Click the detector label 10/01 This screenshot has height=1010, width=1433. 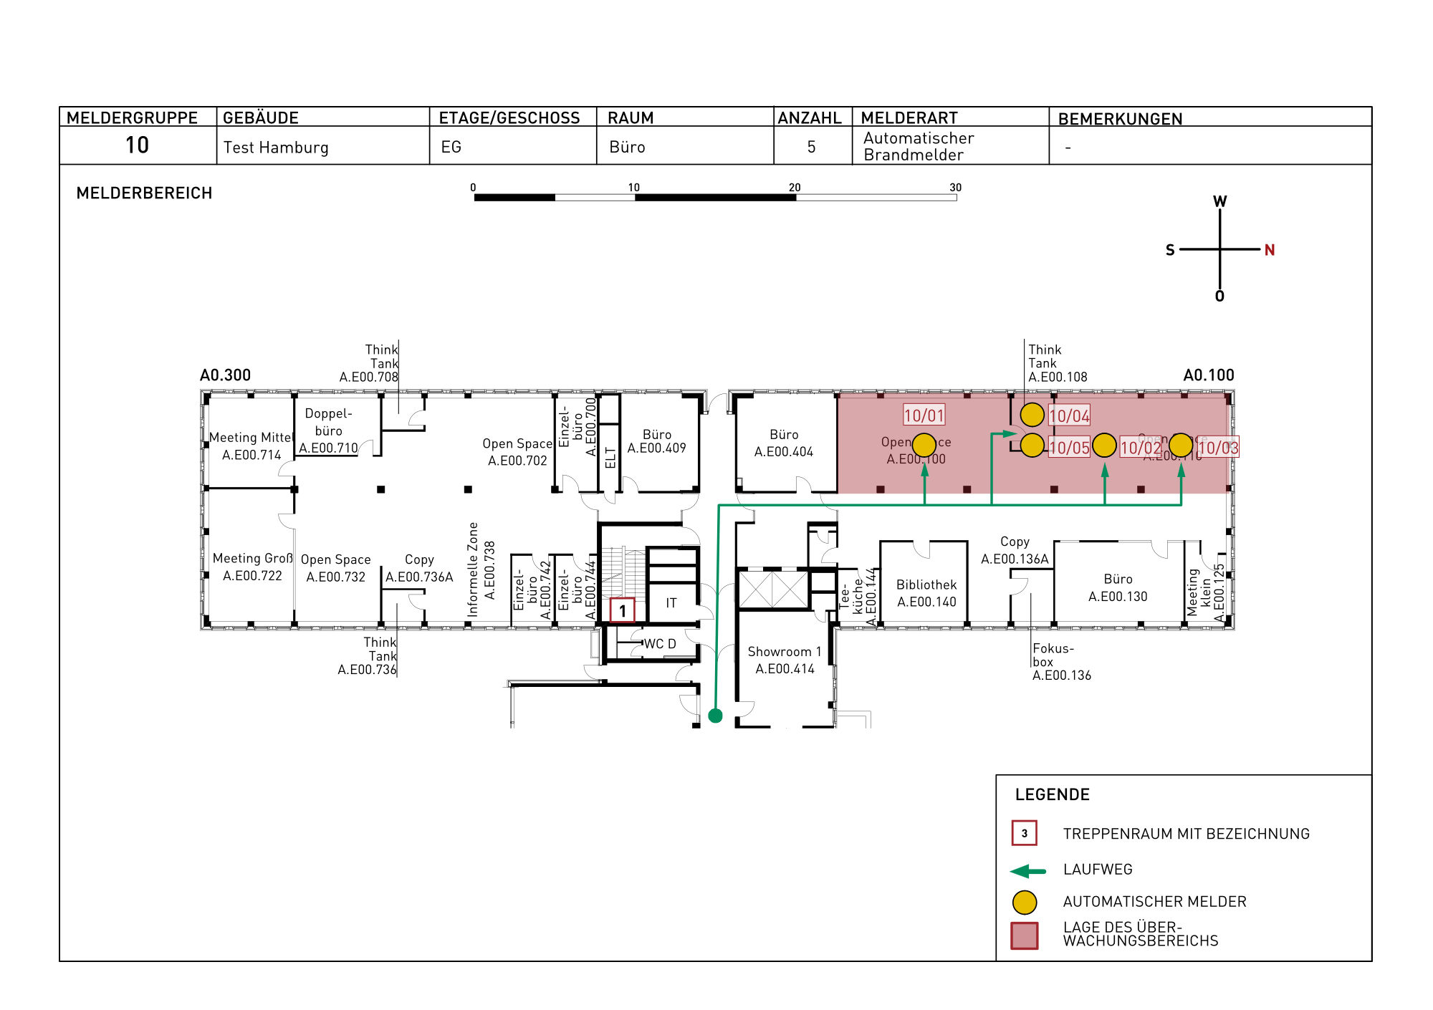click(924, 415)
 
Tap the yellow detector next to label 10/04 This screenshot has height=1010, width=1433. click(1032, 415)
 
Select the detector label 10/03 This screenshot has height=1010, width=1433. click(1217, 448)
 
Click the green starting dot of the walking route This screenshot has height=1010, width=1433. click(715, 716)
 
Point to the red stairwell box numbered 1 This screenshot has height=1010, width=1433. click(622, 610)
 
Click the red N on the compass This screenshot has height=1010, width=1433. click(1269, 250)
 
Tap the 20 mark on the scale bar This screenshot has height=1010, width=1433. click(795, 188)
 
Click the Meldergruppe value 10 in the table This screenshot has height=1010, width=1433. click(137, 145)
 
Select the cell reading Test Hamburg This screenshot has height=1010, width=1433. click(276, 148)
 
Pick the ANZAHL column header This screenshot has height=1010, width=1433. click(810, 118)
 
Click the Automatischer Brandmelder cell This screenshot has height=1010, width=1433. click(919, 146)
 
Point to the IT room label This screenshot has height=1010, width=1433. click(671, 603)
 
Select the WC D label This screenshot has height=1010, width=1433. click(659, 644)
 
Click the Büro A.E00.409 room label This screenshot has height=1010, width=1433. click(656, 441)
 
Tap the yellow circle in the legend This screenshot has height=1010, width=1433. click(1025, 903)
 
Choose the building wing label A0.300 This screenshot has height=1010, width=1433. click(225, 375)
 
